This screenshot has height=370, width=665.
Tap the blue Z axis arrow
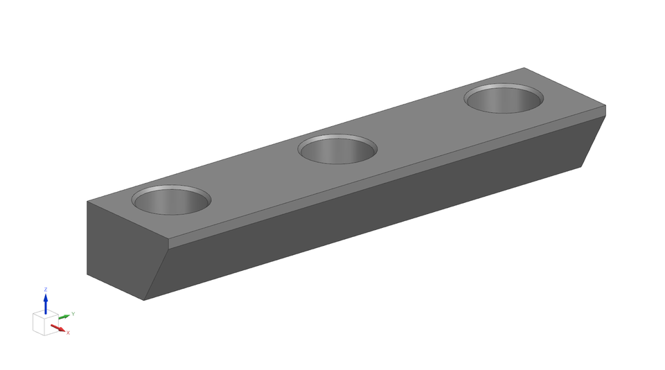tap(46, 302)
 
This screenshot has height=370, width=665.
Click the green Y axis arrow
tap(63, 317)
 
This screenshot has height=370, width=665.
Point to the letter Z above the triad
tap(46, 290)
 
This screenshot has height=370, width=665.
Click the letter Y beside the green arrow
tap(73, 314)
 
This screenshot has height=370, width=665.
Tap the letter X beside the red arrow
tap(68, 333)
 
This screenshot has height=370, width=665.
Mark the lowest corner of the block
tap(144, 300)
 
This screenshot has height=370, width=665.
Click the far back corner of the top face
tap(524, 68)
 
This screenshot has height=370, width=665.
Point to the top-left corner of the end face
tap(87, 202)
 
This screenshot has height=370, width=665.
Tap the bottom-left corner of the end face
tap(87, 274)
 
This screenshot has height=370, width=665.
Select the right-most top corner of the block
tap(605, 106)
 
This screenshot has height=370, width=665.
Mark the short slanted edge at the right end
tap(594, 141)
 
